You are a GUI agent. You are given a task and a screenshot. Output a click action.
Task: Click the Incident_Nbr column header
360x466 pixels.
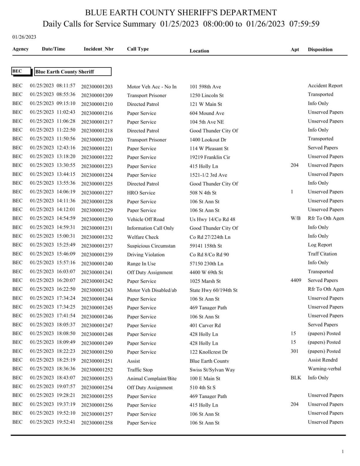tap(98, 49)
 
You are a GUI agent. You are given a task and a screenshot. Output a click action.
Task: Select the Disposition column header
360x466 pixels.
tap(320, 49)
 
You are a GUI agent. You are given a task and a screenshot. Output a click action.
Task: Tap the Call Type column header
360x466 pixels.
tap(138, 49)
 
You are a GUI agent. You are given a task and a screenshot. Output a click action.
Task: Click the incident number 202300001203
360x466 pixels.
tap(97, 87)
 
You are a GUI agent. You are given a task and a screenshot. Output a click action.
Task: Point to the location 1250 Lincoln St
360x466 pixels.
tap(206, 95)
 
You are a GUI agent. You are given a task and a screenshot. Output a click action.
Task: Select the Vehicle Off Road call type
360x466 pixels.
tap(145, 219)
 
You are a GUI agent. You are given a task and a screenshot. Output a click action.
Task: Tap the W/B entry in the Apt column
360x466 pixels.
tap(295, 218)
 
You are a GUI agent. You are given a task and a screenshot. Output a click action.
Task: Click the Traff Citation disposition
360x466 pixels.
tap(322, 254)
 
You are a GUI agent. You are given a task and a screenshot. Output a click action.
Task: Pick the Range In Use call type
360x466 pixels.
tap(141, 264)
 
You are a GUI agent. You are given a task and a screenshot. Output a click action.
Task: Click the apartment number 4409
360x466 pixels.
tap(295, 280)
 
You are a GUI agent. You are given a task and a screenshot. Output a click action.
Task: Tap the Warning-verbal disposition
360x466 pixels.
tap(324, 369)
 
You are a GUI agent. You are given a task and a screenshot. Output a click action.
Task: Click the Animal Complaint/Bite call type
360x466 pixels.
tap(151, 378)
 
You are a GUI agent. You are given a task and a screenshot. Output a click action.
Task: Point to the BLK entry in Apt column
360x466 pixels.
tap(295, 378)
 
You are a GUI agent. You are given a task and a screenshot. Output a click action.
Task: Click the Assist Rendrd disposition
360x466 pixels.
tap(322, 360)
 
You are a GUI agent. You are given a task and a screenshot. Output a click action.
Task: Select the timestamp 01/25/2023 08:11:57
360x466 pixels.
tap(52, 86)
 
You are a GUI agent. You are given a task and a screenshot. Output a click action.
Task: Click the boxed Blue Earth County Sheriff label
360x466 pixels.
tap(73, 72)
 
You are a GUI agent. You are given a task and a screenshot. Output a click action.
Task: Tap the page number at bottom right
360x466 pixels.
tap(343, 452)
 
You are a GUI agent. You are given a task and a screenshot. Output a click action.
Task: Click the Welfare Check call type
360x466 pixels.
tap(142, 237)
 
